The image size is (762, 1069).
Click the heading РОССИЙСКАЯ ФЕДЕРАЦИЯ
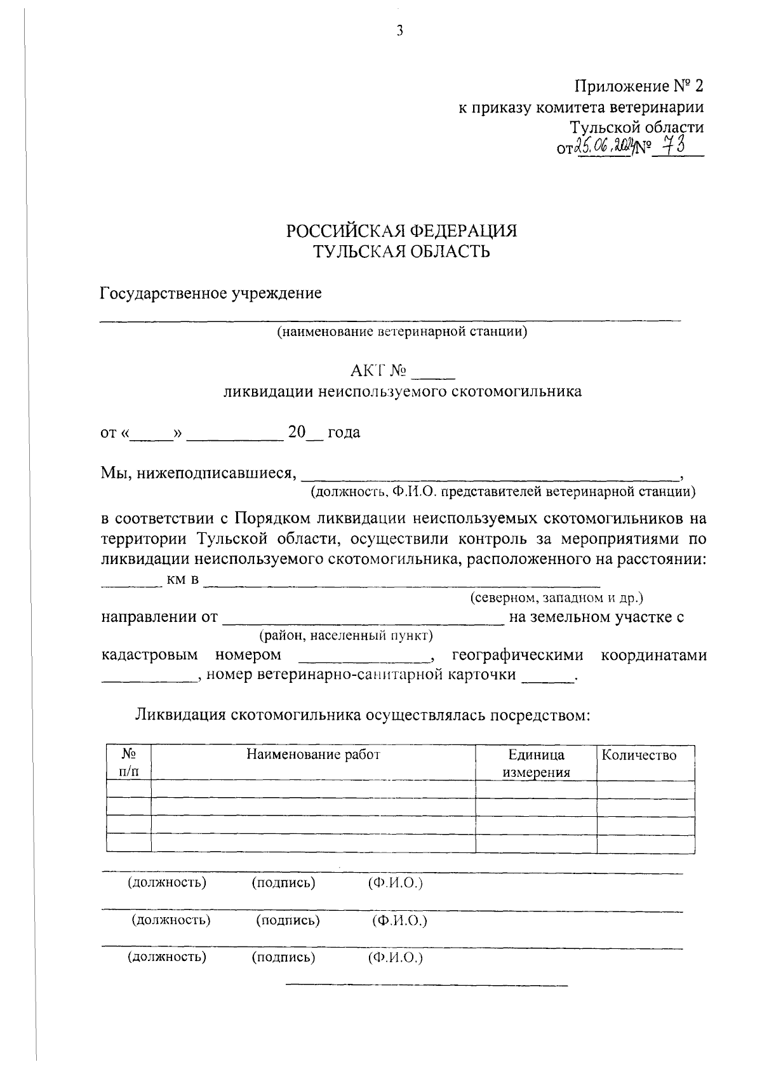coord(401,231)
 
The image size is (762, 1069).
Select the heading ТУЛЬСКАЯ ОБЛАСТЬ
coord(401,252)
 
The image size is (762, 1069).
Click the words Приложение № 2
coord(639,86)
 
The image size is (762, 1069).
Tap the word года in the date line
coord(344,433)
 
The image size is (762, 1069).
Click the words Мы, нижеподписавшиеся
coord(199,473)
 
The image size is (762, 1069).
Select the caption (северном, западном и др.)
coord(557,598)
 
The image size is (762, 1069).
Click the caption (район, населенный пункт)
coord(346,635)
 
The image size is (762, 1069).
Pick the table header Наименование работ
coord(313,755)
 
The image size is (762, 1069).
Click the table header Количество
coord(639,755)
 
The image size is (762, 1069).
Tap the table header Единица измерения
coord(536,763)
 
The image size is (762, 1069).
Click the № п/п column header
coord(128,763)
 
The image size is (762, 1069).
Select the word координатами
coord(654,655)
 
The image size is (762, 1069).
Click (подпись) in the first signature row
coord(283,882)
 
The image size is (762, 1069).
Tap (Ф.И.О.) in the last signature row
coord(395,957)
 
